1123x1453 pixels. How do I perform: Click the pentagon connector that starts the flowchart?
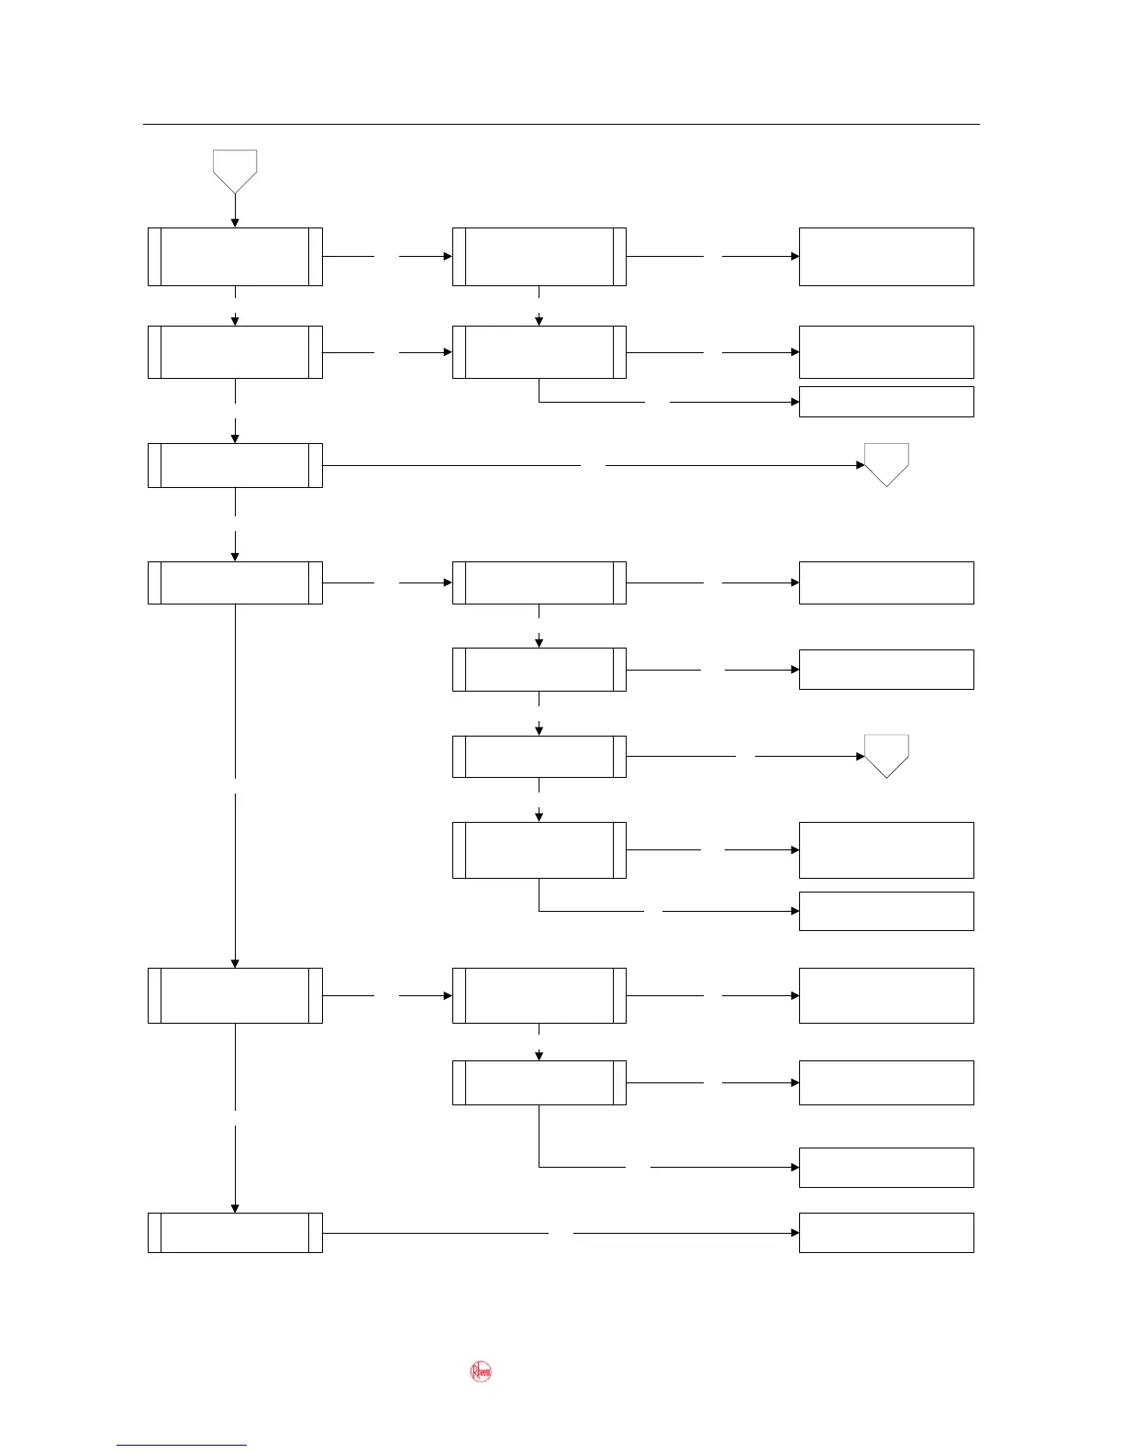pyautogui.click(x=235, y=170)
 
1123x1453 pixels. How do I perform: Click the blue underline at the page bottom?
pyautogui.click(x=182, y=1445)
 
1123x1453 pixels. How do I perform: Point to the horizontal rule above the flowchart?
pyautogui.click(x=561, y=124)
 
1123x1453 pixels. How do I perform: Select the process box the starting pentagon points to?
pyautogui.click(x=235, y=257)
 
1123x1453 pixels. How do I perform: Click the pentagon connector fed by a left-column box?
pyautogui.click(x=886, y=462)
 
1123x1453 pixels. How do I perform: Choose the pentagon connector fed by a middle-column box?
pyautogui.click(x=886, y=754)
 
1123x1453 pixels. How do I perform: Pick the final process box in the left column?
pyautogui.click(x=235, y=1232)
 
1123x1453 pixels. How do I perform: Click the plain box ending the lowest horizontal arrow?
pyautogui.click(x=886, y=1232)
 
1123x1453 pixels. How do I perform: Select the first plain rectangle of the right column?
pyautogui.click(x=886, y=257)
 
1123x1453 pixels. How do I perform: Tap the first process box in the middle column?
pyautogui.click(x=539, y=257)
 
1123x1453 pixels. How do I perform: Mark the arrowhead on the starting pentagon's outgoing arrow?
pyautogui.click(x=235, y=223)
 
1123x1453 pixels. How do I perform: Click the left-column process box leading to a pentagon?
pyautogui.click(x=235, y=465)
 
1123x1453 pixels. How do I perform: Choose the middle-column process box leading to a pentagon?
pyautogui.click(x=539, y=757)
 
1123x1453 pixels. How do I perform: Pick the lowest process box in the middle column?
pyautogui.click(x=539, y=1082)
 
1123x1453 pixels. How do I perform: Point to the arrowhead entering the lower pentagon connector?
pyautogui.click(x=861, y=757)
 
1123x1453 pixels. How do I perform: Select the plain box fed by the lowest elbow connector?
pyautogui.click(x=886, y=1167)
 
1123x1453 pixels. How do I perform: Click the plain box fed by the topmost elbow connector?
pyautogui.click(x=886, y=402)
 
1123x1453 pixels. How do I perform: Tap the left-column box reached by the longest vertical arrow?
pyautogui.click(x=235, y=995)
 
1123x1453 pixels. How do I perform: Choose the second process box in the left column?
pyautogui.click(x=235, y=352)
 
